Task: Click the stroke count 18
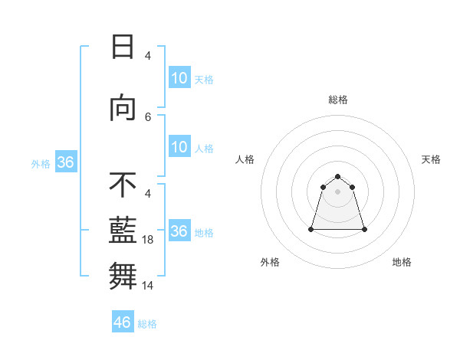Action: click(x=149, y=240)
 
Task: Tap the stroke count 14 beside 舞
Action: click(x=149, y=286)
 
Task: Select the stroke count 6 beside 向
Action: click(x=148, y=117)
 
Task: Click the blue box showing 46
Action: click(x=123, y=322)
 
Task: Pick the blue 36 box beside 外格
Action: click(x=65, y=162)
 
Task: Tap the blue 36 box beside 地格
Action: click(x=179, y=231)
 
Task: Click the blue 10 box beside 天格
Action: click(x=179, y=78)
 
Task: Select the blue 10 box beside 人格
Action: click(x=179, y=147)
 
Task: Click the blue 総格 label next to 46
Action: click(x=147, y=324)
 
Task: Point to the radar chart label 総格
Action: click(x=338, y=100)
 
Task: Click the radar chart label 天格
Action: click(x=432, y=159)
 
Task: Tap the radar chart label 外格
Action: click(x=270, y=262)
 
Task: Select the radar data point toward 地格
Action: click(x=364, y=229)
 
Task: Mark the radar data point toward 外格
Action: click(x=312, y=229)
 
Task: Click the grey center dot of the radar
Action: click(x=338, y=191)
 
